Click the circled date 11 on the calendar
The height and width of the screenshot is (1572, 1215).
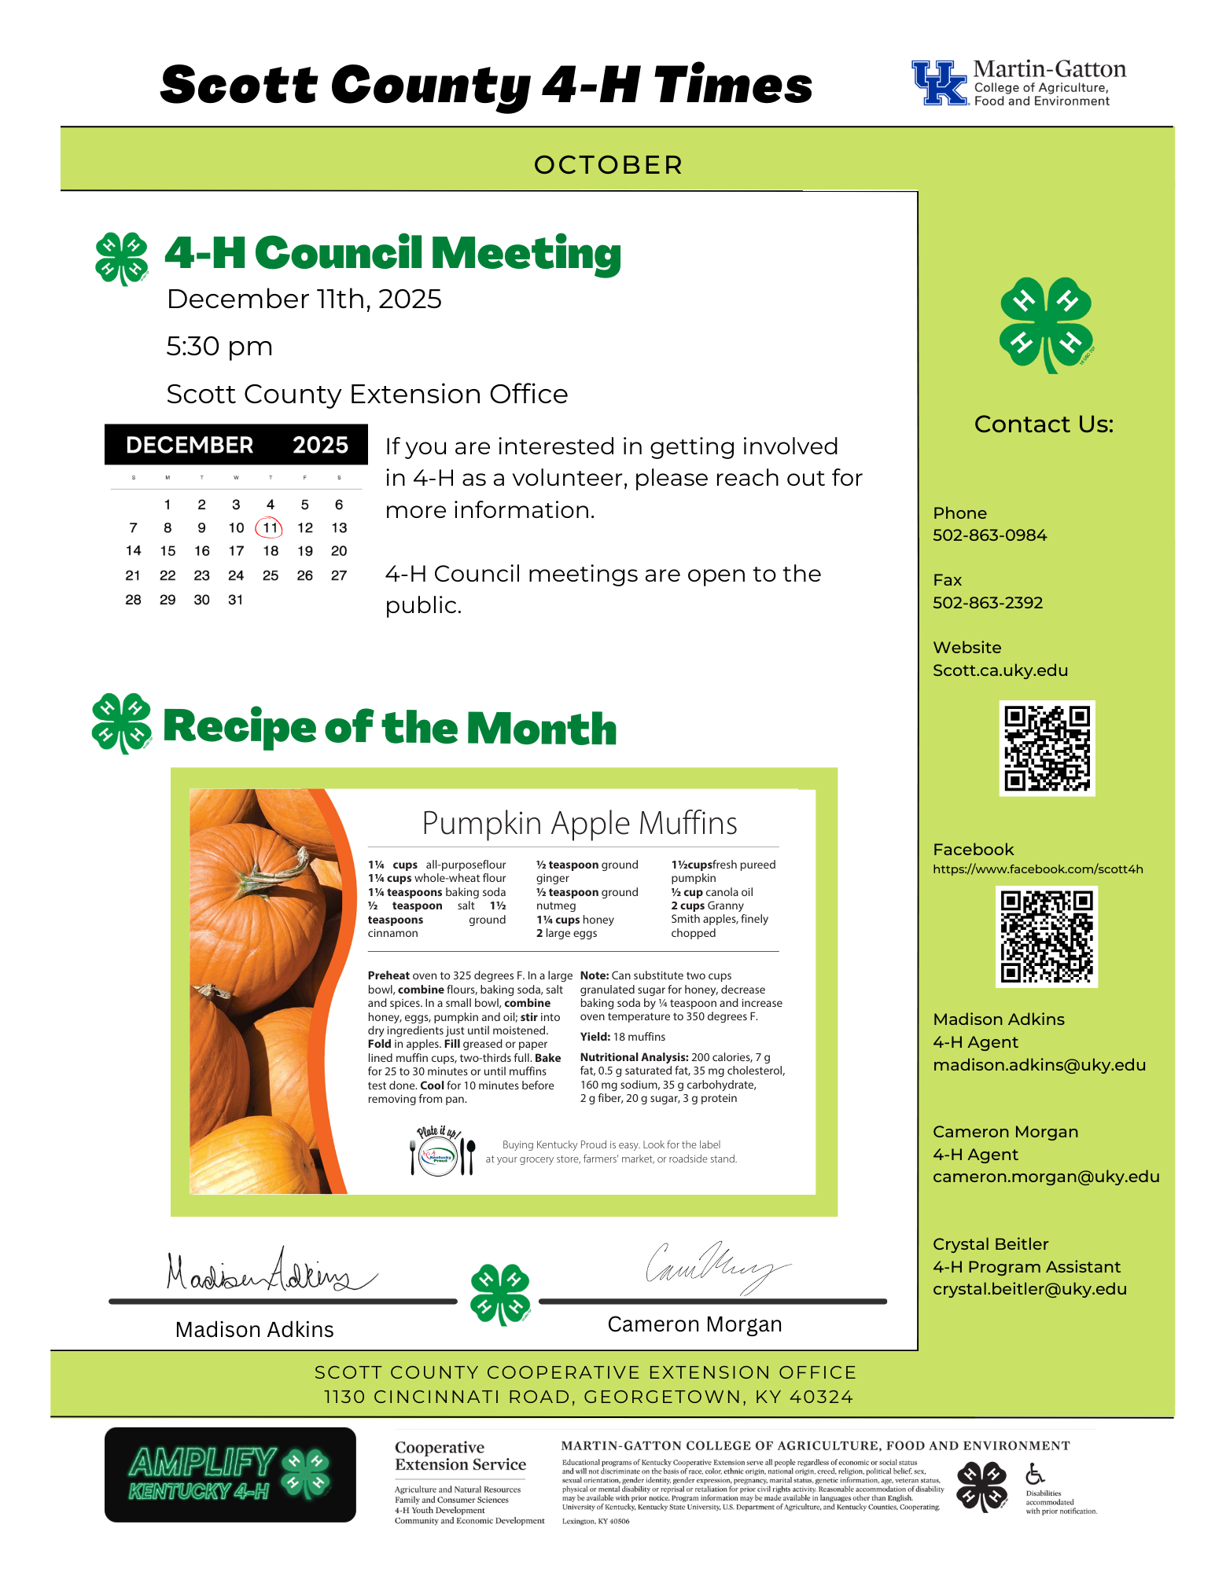tap(270, 527)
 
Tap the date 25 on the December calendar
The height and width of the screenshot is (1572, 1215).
tap(271, 575)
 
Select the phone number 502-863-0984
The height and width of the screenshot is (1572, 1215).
tap(989, 535)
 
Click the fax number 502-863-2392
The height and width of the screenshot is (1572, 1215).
tap(988, 603)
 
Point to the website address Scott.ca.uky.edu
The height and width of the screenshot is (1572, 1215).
tap(1000, 670)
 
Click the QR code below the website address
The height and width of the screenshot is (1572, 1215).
tap(1047, 748)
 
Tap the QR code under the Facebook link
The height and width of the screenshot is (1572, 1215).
tap(1046, 936)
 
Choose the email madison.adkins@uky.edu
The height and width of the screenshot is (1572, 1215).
tap(1039, 1065)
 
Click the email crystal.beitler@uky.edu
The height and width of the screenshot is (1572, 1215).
tap(1029, 1289)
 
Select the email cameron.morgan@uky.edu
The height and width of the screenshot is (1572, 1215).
tap(1046, 1177)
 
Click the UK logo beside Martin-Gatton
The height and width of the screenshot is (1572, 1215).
tap(939, 83)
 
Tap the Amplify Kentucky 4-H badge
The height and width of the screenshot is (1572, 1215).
tap(230, 1475)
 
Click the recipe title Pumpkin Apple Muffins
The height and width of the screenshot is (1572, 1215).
tap(580, 823)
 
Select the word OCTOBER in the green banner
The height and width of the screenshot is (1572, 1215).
tap(608, 165)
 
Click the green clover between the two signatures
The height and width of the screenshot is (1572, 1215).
tap(500, 1294)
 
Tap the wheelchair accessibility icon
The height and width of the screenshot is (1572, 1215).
tap(1035, 1473)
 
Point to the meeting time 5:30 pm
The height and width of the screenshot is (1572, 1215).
tap(219, 346)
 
